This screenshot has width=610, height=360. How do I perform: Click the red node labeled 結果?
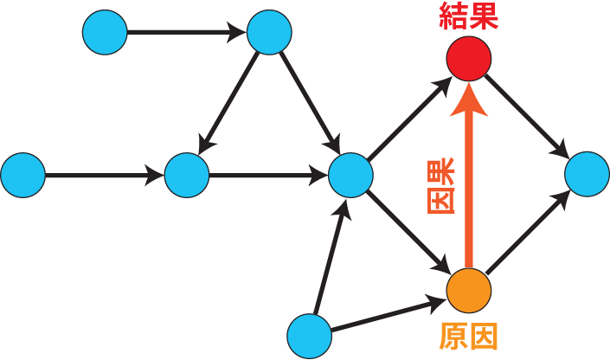[469, 60]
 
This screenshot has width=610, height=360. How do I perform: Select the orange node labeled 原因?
[469, 290]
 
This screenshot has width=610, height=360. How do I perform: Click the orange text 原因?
[468, 337]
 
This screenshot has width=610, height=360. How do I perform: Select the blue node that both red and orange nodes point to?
[588, 174]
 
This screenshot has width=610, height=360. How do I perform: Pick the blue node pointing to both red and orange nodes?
[350, 175]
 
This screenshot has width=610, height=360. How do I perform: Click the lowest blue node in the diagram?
[309, 336]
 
